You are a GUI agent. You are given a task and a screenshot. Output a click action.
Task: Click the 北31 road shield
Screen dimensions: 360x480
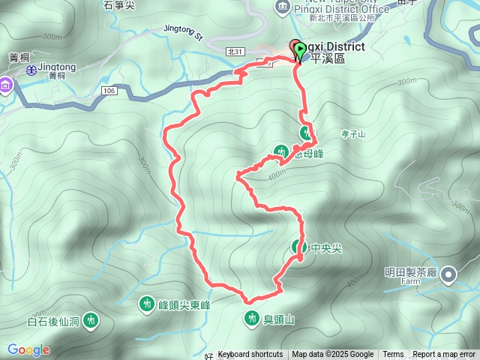click(x=235, y=50)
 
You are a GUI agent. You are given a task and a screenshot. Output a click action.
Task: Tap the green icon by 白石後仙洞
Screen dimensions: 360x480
click(x=91, y=321)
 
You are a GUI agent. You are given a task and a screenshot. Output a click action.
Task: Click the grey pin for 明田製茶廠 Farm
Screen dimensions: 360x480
click(x=448, y=274)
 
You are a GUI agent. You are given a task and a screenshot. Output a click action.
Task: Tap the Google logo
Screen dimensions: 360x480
click(x=28, y=349)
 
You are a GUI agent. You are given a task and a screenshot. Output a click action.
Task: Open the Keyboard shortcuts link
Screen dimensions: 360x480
click(x=250, y=355)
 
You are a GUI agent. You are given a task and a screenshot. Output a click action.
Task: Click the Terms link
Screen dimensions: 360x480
click(x=393, y=355)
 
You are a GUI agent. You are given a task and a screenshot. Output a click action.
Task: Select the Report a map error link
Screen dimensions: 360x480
click(x=445, y=355)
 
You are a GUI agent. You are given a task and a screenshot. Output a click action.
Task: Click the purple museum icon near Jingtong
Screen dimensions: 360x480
click(x=6, y=85)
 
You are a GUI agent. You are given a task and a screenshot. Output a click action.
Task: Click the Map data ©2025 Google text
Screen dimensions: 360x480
click(x=333, y=355)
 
